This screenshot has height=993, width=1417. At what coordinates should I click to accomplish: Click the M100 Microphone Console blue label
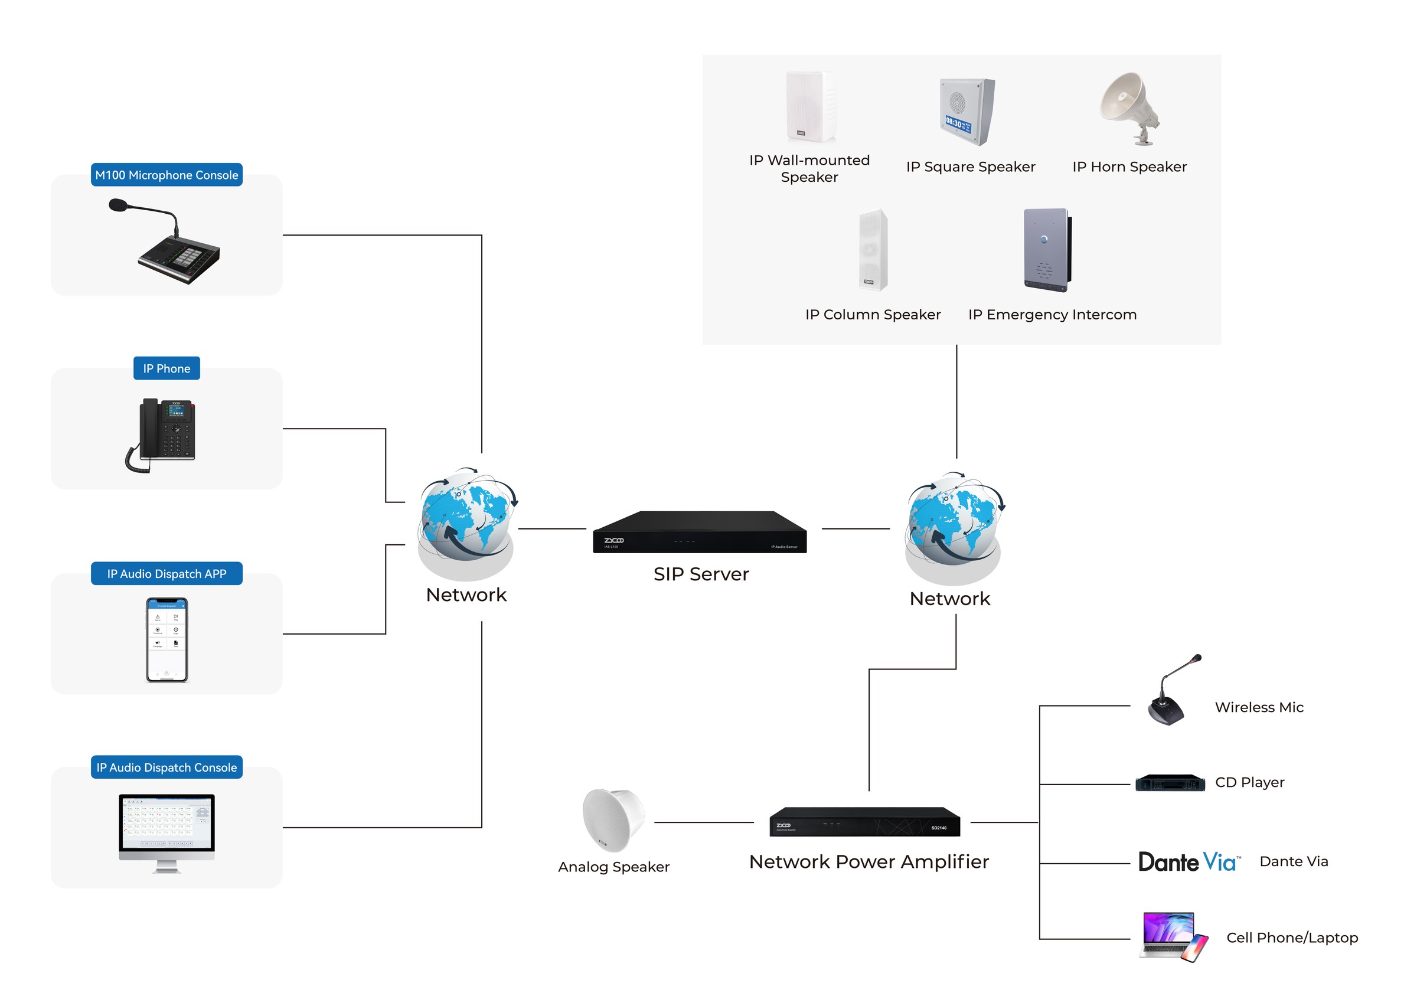tap(166, 175)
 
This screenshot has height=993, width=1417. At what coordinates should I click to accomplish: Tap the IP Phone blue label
tap(166, 368)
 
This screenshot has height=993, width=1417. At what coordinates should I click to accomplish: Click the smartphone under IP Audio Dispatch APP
tap(166, 639)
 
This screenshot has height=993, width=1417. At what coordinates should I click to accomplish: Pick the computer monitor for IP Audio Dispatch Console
tap(166, 830)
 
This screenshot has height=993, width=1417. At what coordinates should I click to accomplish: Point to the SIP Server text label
tap(701, 574)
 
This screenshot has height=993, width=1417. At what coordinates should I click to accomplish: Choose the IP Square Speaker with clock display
tap(967, 111)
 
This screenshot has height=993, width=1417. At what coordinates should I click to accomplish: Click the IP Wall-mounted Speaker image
tap(810, 106)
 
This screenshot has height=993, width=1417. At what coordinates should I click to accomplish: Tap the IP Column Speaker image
tap(873, 250)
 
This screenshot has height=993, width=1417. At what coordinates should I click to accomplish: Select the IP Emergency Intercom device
tap(1047, 250)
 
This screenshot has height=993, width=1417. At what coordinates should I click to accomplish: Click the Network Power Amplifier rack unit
tap(864, 822)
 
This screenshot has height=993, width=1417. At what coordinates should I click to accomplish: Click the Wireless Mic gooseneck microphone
tap(1170, 691)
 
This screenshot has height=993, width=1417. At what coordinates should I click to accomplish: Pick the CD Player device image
tap(1170, 783)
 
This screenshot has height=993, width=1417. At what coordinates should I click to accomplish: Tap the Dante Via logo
tap(1188, 861)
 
